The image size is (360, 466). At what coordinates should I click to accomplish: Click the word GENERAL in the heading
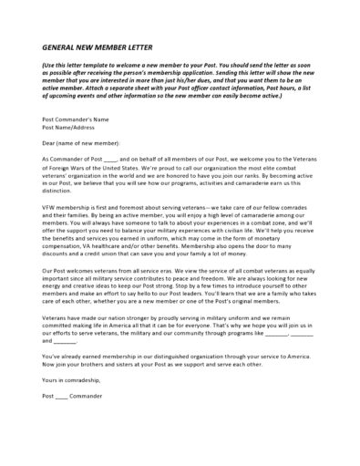point(61,48)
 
